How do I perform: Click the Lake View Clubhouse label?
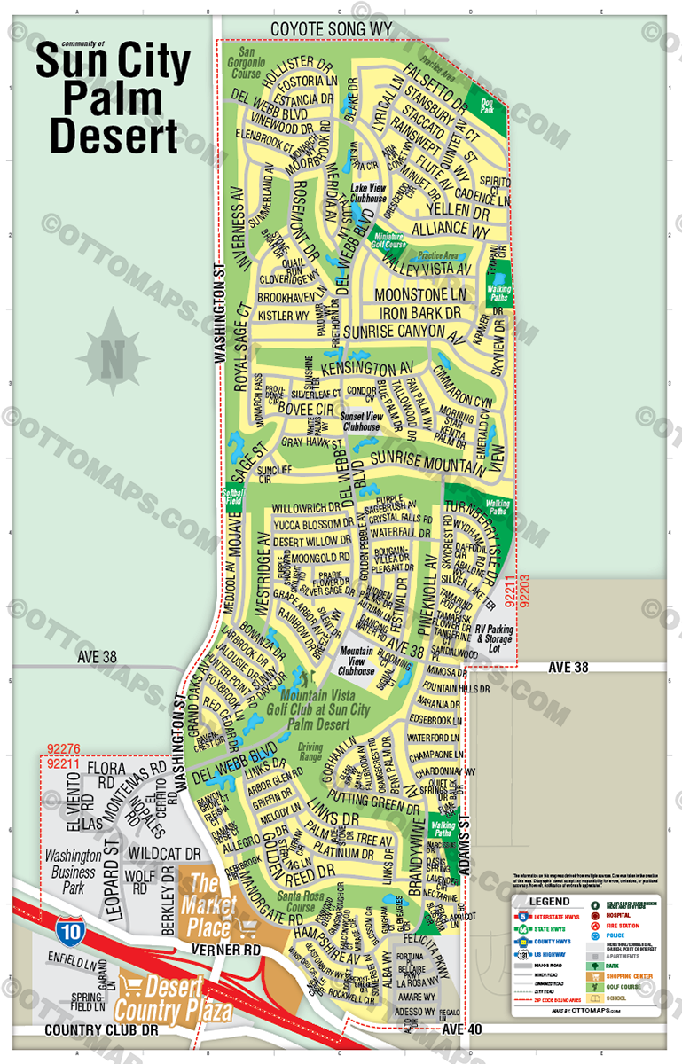click(367, 194)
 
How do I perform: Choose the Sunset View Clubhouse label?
click(361, 422)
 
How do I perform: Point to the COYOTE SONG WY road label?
click(331, 29)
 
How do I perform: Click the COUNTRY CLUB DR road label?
click(99, 1031)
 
